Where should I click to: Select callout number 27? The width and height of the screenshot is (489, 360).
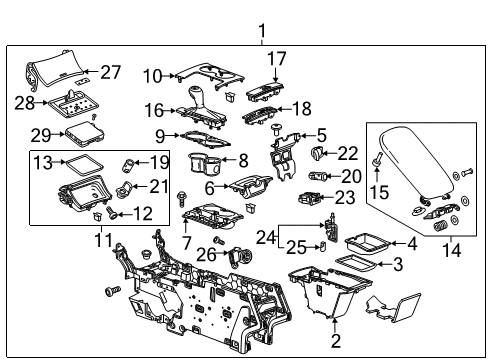111,72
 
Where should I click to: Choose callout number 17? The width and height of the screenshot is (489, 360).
275,58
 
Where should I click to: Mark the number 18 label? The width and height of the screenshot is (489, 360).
301,107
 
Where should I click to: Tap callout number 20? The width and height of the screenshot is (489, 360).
352,175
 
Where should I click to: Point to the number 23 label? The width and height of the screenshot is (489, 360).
345,198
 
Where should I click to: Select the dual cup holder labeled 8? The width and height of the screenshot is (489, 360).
207,164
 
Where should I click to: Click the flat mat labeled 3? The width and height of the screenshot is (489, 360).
358,263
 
